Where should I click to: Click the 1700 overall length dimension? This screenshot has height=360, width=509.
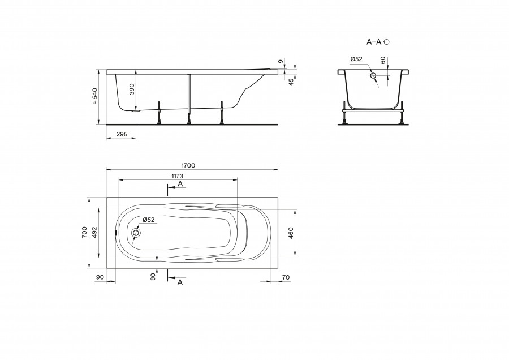pyautogui.click(x=188, y=165)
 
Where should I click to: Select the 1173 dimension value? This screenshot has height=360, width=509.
pyautogui.click(x=177, y=176)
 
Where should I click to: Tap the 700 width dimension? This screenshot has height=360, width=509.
pyautogui.click(x=84, y=233)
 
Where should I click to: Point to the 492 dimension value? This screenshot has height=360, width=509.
pyautogui.click(x=94, y=233)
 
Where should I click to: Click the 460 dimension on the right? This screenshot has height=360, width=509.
pyautogui.click(x=291, y=233)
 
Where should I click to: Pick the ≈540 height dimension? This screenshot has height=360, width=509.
pyautogui.click(x=95, y=96)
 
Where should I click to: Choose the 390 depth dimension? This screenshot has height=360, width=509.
pyautogui.click(x=131, y=89)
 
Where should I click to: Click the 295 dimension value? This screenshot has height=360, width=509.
pyautogui.click(x=122, y=134)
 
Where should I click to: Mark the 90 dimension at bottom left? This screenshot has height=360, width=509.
pyautogui.click(x=100, y=277)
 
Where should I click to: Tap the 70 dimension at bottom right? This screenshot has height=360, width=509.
pyautogui.click(x=286, y=277)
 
